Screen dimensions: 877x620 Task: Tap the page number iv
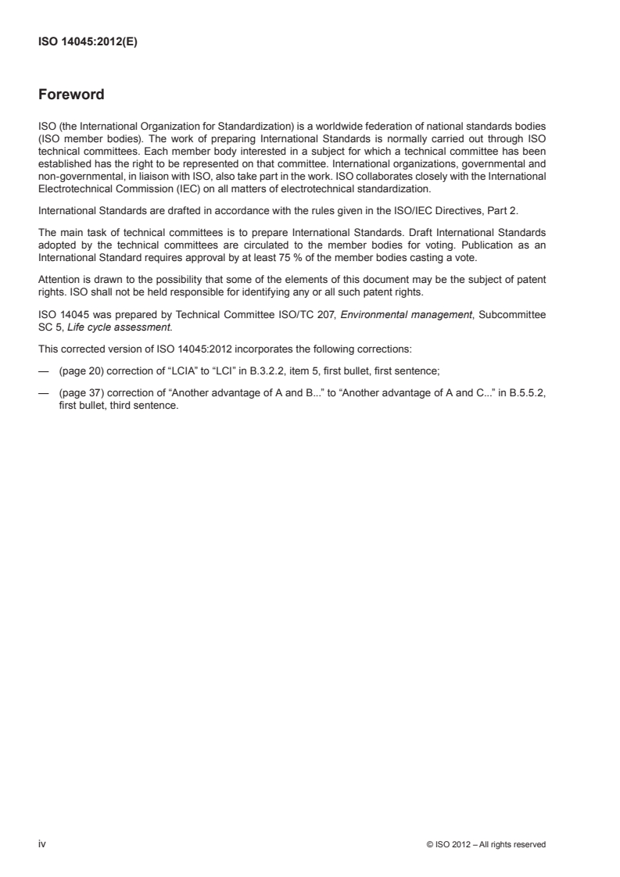click(42, 843)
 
